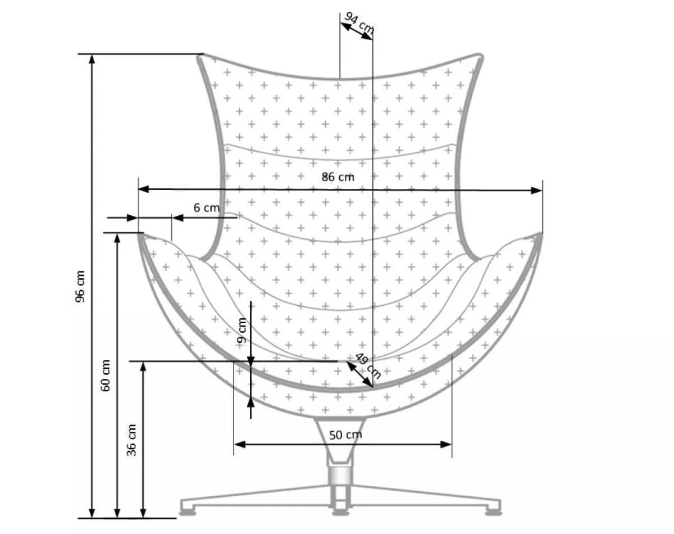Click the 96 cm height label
tap(81, 286)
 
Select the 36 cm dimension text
tap(132, 439)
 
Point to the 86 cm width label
tap(338, 177)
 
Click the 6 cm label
tap(206, 207)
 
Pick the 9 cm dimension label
tap(242, 330)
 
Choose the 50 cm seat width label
tap(345, 435)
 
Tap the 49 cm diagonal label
tap(368, 366)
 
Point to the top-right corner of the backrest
tap(479, 57)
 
